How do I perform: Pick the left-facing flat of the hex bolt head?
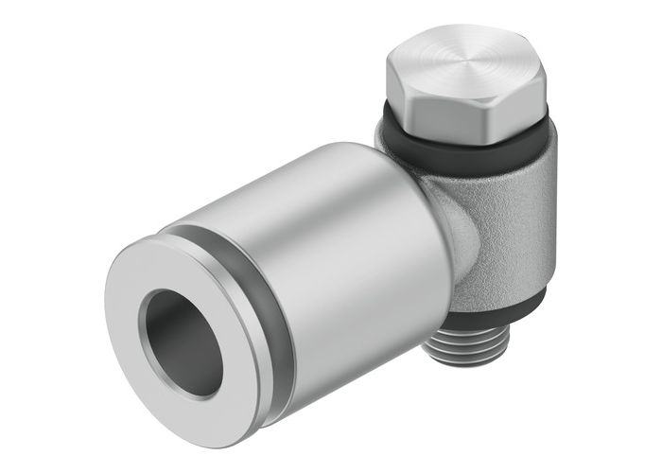tap(399, 95)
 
